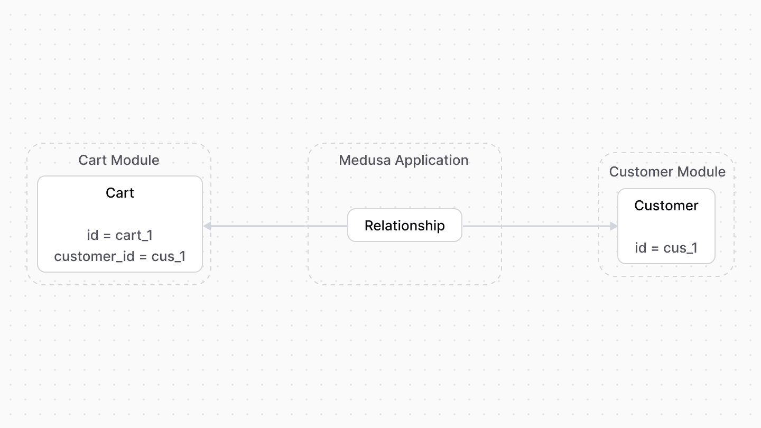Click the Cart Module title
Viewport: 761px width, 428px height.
(x=119, y=160)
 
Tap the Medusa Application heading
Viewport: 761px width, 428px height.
(x=404, y=160)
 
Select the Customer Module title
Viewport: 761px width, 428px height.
(x=667, y=172)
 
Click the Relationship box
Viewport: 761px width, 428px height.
(x=405, y=226)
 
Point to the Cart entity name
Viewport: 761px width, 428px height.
(x=120, y=193)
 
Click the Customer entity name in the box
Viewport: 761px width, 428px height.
(x=666, y=206)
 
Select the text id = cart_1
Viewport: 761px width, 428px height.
(x=120, y=235)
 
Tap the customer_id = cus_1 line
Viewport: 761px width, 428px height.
(x=120, y=256)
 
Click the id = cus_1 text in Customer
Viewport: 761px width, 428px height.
(x=666, y=248)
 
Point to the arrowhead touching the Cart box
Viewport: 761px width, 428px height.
(x=208, y=226)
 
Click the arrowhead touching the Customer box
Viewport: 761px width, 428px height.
(x=614, y=226)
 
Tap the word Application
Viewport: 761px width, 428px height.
(x=432, y=161)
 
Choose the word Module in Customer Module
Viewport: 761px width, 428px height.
(x=703, y=172)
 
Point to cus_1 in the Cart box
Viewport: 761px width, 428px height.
(x=169, y=257)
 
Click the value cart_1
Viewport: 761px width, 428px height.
(x=134, y=236)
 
